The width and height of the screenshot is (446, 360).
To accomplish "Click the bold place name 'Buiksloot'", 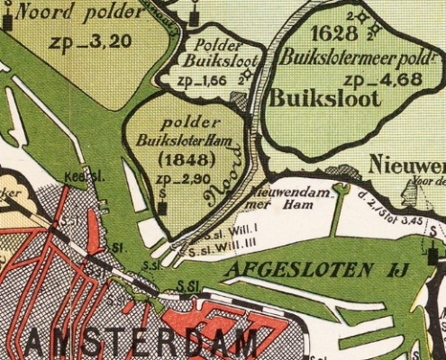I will [x=323, y=98].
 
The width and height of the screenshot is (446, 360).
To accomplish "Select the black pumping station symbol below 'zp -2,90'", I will [x=162, y=208].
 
